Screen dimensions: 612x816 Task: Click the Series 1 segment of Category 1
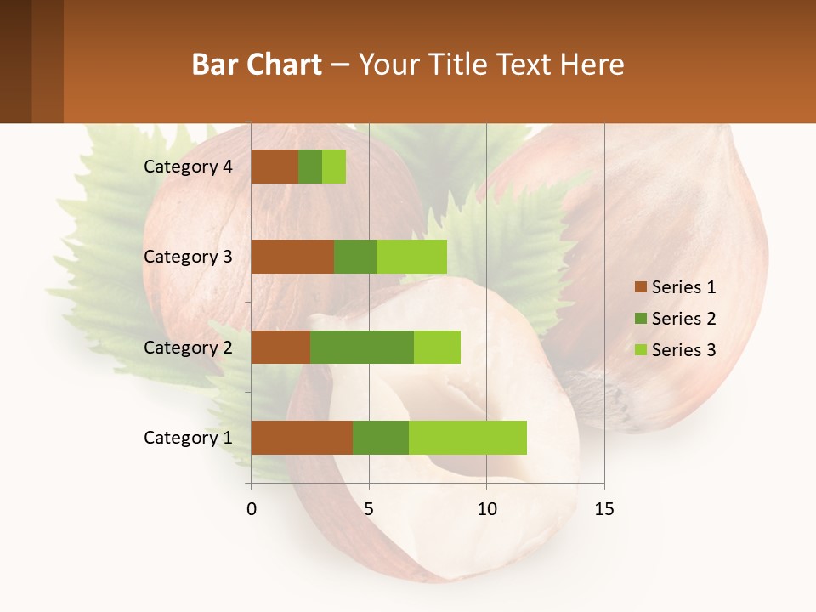point(302,438)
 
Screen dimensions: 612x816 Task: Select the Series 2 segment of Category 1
point(381,438)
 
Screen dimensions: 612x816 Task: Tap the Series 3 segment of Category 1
point(467,438)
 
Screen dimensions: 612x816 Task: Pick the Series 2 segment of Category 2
point(362,347)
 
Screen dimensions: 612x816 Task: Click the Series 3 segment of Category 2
point(437,347)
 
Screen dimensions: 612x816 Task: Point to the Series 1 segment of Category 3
point(292,257)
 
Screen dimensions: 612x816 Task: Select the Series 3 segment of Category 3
point(411,257)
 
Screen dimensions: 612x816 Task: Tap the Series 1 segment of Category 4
point(275,167)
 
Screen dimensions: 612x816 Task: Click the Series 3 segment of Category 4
point(334,167)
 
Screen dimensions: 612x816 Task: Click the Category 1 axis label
point(188,438)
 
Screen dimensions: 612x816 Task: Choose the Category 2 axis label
point(188,347)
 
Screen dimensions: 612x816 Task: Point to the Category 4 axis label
point(188,167)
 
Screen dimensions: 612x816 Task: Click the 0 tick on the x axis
point(251,509)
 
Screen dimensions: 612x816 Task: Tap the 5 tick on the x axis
point(369,509)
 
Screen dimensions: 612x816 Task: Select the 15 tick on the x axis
point(604,509)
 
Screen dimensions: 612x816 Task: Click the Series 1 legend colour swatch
point(640,287)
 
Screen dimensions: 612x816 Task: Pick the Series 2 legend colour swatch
point(640,319)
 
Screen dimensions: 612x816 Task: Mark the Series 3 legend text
point(683,350)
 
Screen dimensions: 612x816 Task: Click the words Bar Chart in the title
point(256,65)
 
